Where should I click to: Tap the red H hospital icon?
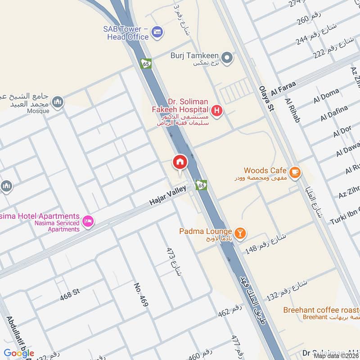tap(217, 110)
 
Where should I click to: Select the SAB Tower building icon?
tap(157, 32)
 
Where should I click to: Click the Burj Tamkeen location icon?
tap(227, 57)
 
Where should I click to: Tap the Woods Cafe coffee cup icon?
tap(295, 172)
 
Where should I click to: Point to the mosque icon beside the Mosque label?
tap(57, 103)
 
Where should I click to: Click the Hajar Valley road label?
tap(168, 196)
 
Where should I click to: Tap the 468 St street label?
tap(70, 295)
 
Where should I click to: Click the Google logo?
tap(19, 353)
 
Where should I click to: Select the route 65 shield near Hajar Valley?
tap(201, 185)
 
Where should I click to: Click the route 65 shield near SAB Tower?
tap(146, 63)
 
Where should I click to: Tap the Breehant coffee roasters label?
tap(321, 310)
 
